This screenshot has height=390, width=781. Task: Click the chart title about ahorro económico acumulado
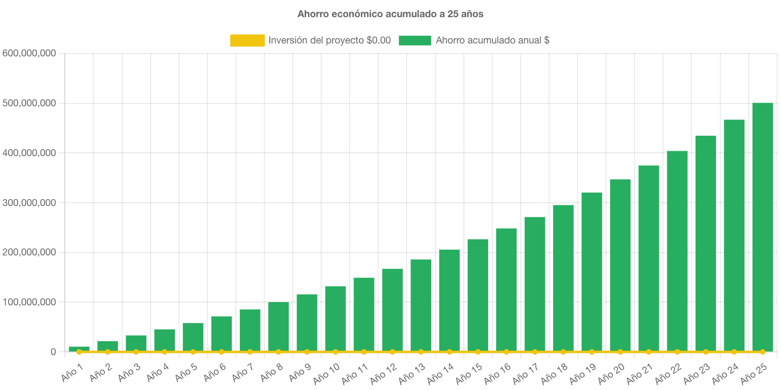tap(390, 14)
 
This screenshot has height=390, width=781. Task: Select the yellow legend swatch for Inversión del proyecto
tap(247, 40)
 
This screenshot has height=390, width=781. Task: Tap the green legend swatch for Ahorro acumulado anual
tap(415, 40)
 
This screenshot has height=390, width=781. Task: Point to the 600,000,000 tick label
tap(30, 54)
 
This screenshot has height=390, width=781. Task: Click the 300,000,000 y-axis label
tap(30, 203)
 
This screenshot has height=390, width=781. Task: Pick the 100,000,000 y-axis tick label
tap(30, 302)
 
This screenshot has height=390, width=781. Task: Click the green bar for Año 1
tap(79, 349)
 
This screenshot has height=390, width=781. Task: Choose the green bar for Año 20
tap(620, 265)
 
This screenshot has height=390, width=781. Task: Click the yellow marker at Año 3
tap(136, 352)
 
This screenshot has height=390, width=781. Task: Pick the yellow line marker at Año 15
tap(478, 352)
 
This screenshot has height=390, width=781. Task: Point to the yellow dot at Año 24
tap(734, 352)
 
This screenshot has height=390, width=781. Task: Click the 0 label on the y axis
tap(53, 352)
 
